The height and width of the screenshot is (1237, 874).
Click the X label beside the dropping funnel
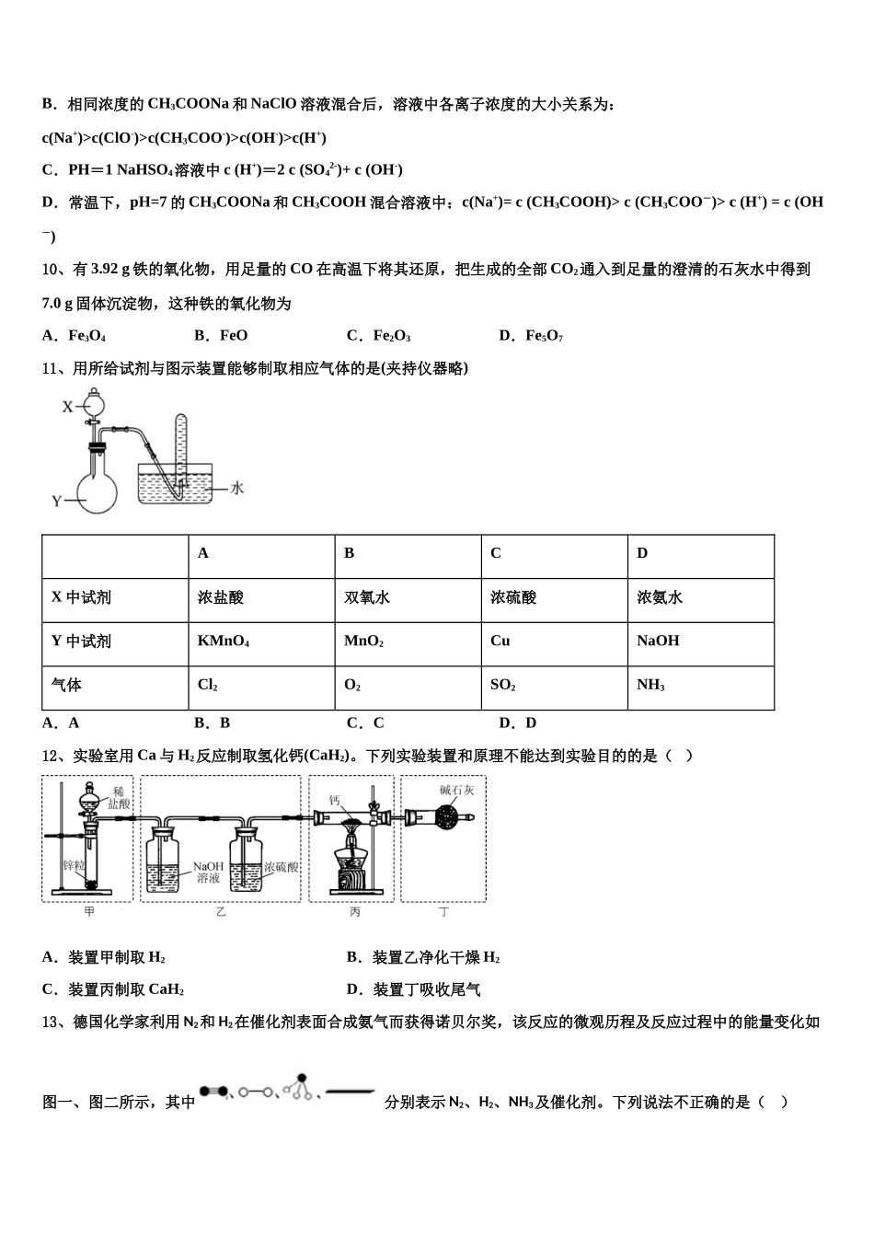(x=66, y=406)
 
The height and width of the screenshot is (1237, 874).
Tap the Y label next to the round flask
(x=57, y=502)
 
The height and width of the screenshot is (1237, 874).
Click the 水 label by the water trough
(x=236, y=488)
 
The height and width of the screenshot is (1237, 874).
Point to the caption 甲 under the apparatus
(x=89, y=912)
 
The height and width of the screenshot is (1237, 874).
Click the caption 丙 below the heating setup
(x=355, y=912)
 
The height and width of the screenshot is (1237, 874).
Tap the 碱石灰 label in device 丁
(x=456, y=790)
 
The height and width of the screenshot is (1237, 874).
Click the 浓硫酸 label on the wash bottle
(x=281, y=867)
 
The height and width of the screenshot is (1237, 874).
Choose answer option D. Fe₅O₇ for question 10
(x=531, y=336)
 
